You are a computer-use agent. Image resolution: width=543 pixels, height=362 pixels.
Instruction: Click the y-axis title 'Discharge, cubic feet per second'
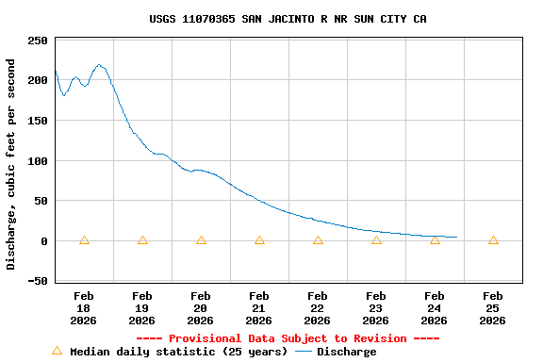coord(11,164)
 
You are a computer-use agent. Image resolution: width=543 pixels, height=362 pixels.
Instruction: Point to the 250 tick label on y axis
coord(38,41)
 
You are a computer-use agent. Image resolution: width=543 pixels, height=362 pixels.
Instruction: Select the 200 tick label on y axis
coord(38,80)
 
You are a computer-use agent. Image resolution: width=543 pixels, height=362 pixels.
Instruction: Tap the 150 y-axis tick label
coord(38,121)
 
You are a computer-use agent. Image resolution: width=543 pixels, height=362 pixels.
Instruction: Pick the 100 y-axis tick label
coord(38,161)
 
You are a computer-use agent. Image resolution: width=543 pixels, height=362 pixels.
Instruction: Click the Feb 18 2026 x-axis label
coord(84,308)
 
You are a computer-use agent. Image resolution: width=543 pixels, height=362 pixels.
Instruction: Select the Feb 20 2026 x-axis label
coord(201,308)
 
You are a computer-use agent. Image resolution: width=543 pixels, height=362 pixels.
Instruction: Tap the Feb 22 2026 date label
coord(318,308)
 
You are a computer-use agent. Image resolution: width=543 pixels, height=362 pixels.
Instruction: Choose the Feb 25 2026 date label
coord(493,308)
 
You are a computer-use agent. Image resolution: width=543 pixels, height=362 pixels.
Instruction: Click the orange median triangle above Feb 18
coord(84,240)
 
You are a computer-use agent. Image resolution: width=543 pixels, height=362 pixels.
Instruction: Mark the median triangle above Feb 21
coord(259,240)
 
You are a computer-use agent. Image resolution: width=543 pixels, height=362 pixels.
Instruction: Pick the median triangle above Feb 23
coord(376,240)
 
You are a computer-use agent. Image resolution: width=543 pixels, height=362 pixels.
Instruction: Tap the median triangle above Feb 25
coord(493,240)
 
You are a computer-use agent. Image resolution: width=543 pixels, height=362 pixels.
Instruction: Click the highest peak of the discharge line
coord(99,65)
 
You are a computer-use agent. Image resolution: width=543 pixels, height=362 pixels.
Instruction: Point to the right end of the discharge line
coord(456,237)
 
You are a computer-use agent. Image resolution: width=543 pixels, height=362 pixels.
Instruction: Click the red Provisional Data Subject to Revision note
coord(288,338)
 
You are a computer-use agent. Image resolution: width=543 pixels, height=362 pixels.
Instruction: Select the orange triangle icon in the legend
coord(57,351)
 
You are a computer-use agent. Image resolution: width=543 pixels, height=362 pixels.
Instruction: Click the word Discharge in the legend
coord(346,352)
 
